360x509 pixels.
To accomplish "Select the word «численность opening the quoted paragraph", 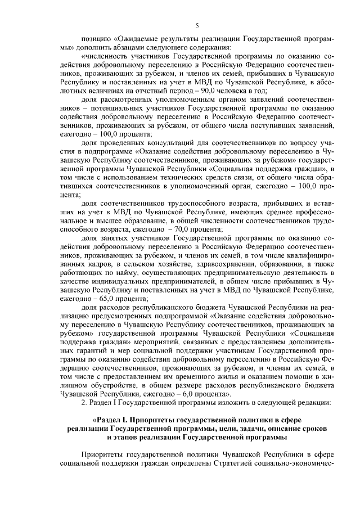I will click(x=105, y=57).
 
